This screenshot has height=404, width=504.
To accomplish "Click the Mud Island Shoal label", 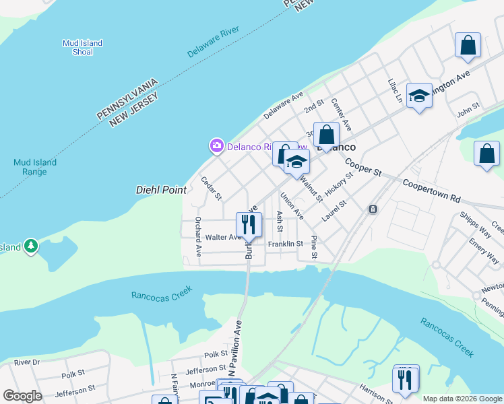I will pos(82,47).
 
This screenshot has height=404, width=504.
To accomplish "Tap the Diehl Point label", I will pos(161,191).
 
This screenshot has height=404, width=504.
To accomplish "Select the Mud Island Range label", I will pos(35,167).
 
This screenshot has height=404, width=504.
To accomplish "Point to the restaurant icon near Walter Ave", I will pos(249,224).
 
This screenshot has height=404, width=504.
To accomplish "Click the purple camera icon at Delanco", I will pos(216,145).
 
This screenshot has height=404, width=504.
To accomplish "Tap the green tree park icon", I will pos(30,247).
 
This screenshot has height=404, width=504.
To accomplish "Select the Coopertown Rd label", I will pos(431,191).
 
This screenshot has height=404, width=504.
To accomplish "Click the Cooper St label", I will pos(363,168).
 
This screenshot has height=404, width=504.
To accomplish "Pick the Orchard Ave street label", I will pos(198,237).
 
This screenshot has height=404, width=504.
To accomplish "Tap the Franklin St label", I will pos(285,244).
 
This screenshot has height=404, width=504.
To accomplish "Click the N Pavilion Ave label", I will pos(236,348).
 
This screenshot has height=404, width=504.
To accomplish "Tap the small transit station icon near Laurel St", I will pos(372,209).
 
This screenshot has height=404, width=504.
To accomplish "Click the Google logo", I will pos(22,396).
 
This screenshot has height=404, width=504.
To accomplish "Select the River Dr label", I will pos(27,362).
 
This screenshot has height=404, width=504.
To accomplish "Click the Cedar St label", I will pos(212,189).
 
